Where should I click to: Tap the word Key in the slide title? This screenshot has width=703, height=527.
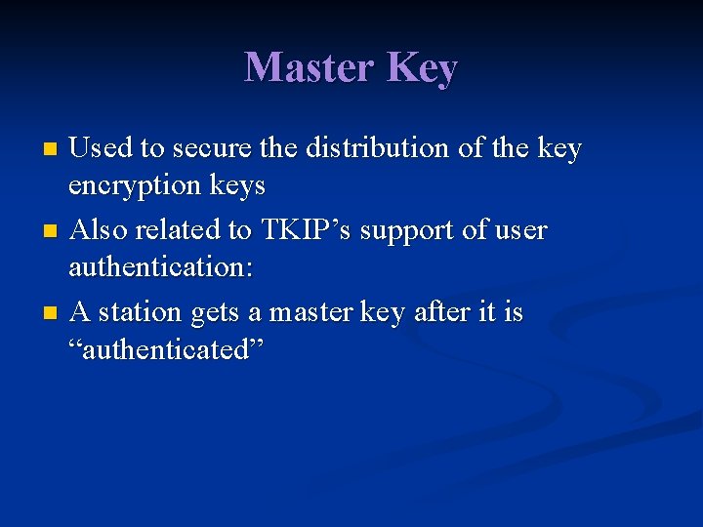click(422, 68)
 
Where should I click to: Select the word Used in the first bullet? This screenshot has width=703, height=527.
click(103, 148)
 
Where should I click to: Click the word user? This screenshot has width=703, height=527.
click(519, 230)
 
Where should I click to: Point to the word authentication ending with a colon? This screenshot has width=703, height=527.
click(161, 266)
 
